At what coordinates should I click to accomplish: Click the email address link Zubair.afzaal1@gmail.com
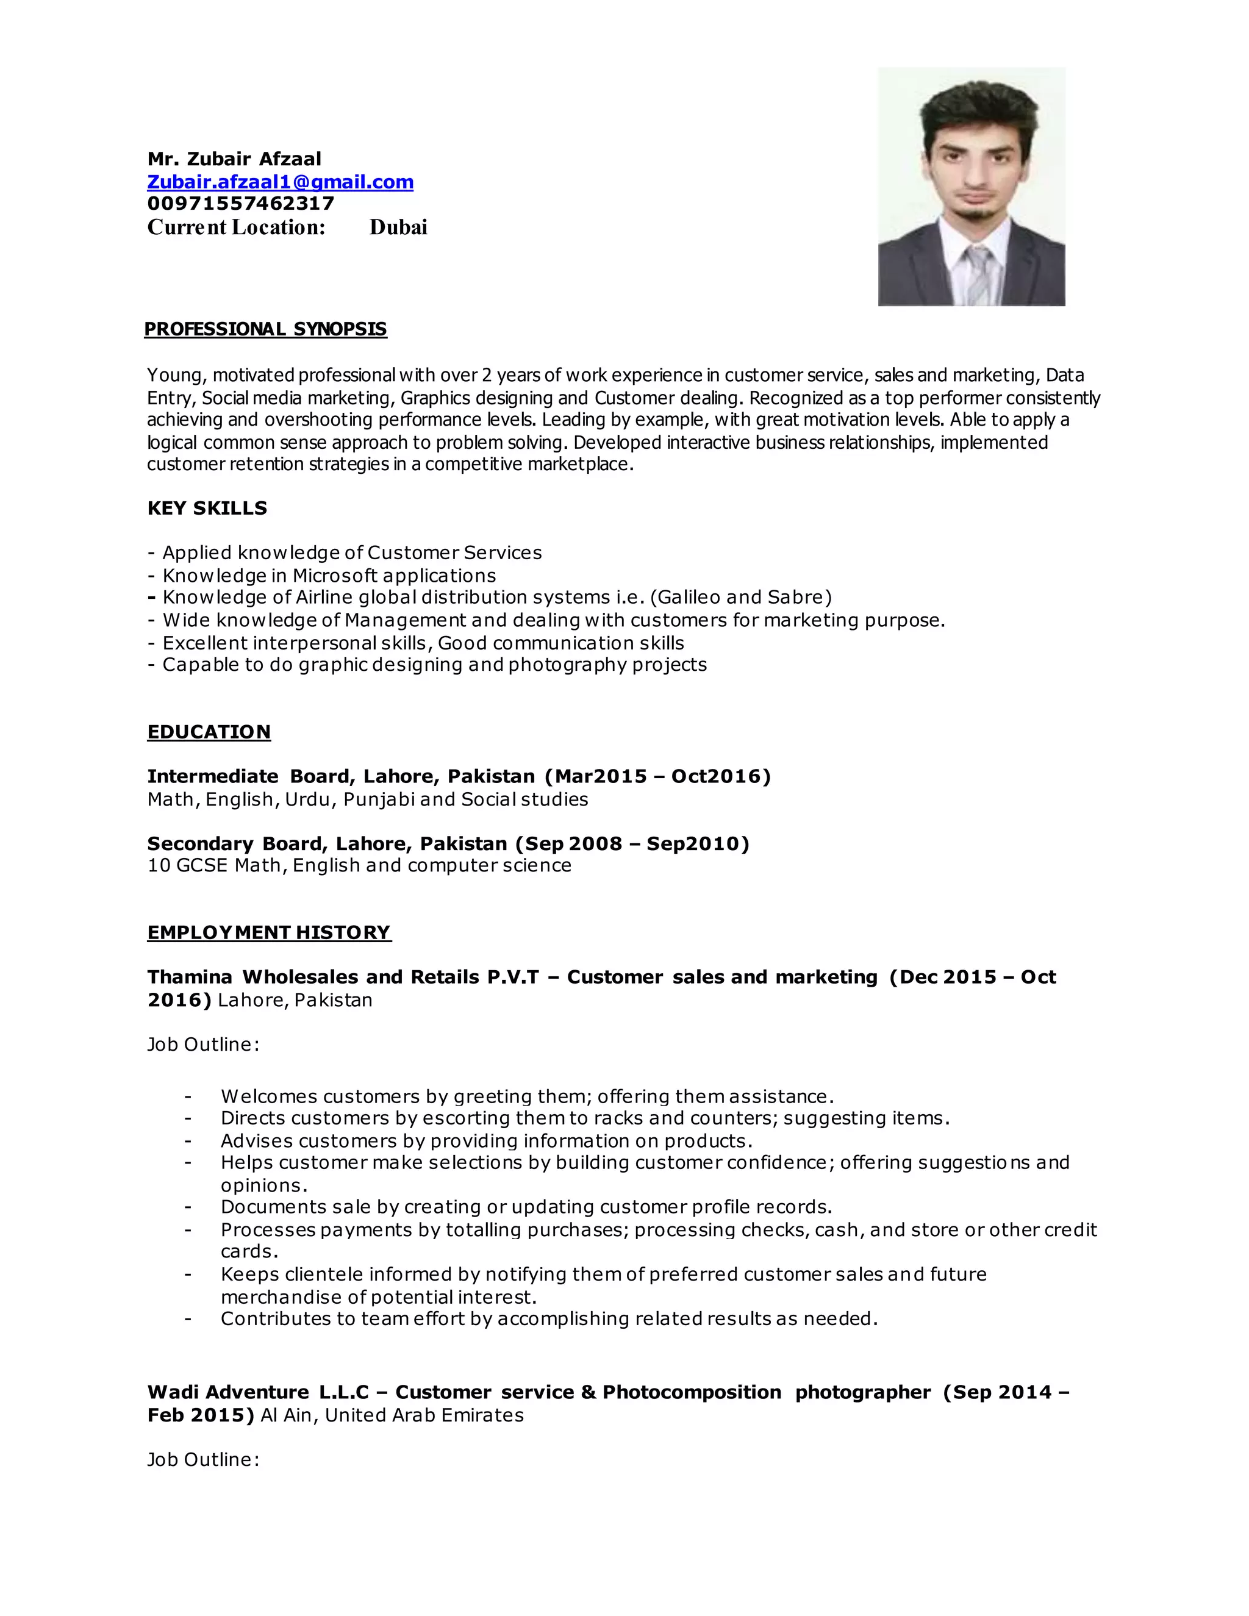coord(280,182)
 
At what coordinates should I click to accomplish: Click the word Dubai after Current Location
coord(398,227)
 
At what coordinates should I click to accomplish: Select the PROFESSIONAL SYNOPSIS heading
coord(266,329)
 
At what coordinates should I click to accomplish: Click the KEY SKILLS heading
coord(207,509)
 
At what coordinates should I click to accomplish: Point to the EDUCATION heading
coord(209,732)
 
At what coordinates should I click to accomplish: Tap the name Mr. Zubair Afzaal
coord(235,159)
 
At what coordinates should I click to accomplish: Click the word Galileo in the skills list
coord(687,597)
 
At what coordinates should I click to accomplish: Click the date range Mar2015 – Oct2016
coord(657,776)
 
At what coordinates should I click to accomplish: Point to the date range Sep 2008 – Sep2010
coord(632,843)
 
